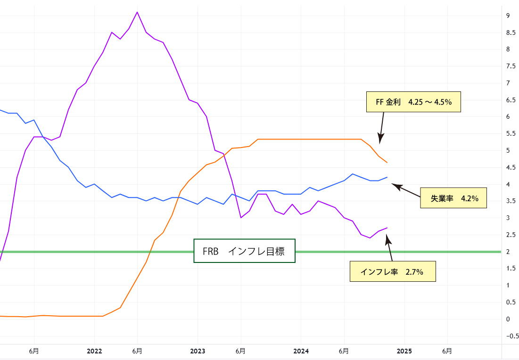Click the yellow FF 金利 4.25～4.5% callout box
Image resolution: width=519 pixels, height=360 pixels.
click(413, 102)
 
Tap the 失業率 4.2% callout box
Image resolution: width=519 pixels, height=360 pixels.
click(453, 198)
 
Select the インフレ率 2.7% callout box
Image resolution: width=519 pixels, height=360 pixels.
click(393, 272)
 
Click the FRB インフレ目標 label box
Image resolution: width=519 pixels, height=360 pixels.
click(244, 251)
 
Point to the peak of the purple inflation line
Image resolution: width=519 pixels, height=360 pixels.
click(137, 12)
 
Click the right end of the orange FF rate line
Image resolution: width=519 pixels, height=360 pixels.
click(387, 162)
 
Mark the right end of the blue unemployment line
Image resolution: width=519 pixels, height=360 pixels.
click(387, 177)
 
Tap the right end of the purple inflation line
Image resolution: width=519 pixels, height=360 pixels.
click(387, 228)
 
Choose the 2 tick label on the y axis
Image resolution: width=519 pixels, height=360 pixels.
click(508, 252)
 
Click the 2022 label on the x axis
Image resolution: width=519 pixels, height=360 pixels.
click(95, 351)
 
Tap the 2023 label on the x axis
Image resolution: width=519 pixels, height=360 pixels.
click(198, 351)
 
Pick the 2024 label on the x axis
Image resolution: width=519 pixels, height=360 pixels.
click(301, 351)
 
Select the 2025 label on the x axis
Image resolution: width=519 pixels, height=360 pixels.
click(404, 351)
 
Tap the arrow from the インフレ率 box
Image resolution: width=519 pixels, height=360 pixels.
click(389, 248)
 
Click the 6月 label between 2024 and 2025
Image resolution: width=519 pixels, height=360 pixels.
click(344, 351)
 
